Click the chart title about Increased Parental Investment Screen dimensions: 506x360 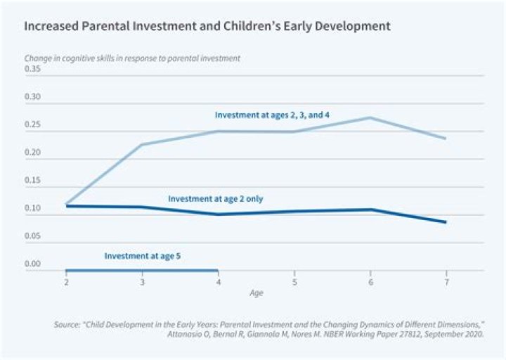pyautogui.click(x=207, y=26)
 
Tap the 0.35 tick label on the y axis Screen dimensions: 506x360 pyautogui.click(x=32, y=69)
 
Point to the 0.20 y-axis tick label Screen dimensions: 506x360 pyautogui.click(x=32, y=152)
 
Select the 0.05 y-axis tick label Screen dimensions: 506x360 pyautogui.click(x=32, y=236)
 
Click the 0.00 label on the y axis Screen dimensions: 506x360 pyautogui.click(x=32, y=264)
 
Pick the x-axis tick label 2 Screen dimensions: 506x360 pyautogui.click(x=66, y=282)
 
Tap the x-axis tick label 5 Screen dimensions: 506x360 pyautogui.click(x=294, y=282)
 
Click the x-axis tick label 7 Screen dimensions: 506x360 pyautogui.click(x=447, y=282)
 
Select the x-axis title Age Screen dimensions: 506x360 pyautogui.click(x=257, y=293)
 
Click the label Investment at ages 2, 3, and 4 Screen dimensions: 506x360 pyautogui.click(x=272, y=115)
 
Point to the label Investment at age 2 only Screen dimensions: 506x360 pyautogui.click(x=216, y=198)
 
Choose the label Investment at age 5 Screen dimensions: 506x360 pyautogui.click(x=142, y=256)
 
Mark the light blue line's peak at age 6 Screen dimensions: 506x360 pyautogui.click(x=370, y=117)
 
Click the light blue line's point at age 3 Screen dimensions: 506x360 pyautogui.click(x=142, y=144)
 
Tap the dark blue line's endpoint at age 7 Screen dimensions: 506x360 pyautogui.click(x=446, y=222)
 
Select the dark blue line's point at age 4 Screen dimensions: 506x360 pyautogui.click(x=219, y=214)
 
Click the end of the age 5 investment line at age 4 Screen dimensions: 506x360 pyautogui.click(x=218, y=270)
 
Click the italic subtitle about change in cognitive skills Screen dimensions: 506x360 pyautogui.click(x=132, y=58)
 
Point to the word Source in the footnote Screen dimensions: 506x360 pyautogui.click(x=67, y=324)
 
